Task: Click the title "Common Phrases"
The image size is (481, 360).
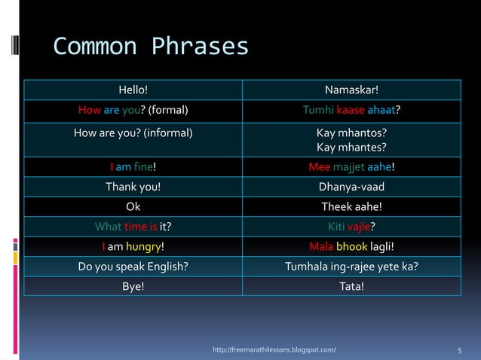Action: (x=151, y=47)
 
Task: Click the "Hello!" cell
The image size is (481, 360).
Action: (x=133, y=91)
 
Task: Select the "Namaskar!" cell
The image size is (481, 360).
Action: (x=351, y=91)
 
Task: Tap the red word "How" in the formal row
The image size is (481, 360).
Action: (x=90, y=111)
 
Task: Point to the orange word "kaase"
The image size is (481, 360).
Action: (x=351, y=111)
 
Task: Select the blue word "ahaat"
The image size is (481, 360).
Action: (x=381, y=111)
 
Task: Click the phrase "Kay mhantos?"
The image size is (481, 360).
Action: (x=351, y=133)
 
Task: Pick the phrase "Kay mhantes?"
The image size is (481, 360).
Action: (x=351, y=147)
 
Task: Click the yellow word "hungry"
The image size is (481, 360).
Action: (x=143, y=246)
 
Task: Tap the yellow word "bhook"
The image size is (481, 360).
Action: (x=351, y=246)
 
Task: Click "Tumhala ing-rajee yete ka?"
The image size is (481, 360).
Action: (x=351, y=266)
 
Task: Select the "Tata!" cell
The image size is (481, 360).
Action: (x=351, y=285)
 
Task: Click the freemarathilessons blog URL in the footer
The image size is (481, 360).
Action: (x=275, y=350)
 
